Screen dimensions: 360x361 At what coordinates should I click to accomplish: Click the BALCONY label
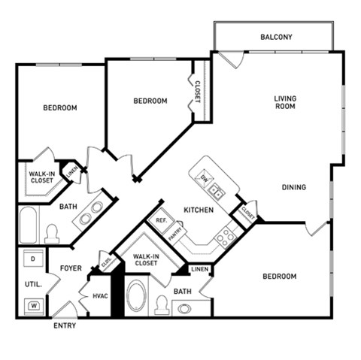click(276, 37)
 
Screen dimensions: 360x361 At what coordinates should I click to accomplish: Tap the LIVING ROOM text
click(284, 102)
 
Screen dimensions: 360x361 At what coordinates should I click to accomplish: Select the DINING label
click(294, 187)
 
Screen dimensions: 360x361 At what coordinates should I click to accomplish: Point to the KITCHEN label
click(199, 210)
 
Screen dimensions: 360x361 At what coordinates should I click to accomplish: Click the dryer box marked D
click(33, 259)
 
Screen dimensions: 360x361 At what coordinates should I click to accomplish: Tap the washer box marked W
click(34, 305)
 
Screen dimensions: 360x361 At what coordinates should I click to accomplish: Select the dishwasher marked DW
click(205, 177)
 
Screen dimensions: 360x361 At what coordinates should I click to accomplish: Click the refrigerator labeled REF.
click(159, 221)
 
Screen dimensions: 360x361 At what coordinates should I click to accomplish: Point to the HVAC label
click(101, 296)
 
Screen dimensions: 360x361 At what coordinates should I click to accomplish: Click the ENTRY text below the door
click(64, 326)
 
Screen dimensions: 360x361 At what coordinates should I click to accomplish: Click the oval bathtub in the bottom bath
click(137, 296)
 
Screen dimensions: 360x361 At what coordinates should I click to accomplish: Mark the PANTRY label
click(174, 234)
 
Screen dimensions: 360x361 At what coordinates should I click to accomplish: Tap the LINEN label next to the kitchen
click(199, 269)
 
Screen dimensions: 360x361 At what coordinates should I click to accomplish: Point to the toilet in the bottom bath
click(161, 304)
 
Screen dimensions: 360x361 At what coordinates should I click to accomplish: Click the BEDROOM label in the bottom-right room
click(279, 277)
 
